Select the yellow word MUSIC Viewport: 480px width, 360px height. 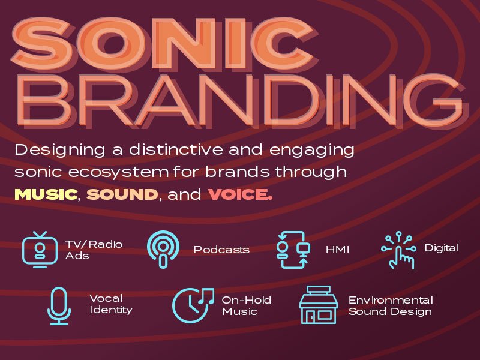pos(46,194)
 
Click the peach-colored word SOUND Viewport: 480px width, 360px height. pos(122,194)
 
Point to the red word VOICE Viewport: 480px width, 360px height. pos(240,194)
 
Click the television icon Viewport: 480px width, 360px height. pos(40,250)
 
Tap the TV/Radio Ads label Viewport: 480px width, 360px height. pos(94,250)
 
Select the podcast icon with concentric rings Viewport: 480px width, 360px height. pos(163,249)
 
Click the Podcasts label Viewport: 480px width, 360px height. pos(221,250)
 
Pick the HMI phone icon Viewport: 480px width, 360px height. pos(293,250)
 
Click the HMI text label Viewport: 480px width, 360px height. pos(337,250)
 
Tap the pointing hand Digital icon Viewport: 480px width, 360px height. pos(398,250)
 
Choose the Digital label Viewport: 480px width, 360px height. pos(442,248)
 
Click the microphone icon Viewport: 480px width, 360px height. pos(59,306)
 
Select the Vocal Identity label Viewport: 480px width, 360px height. pos(111,304)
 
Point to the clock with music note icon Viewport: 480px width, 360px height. pos(193,305)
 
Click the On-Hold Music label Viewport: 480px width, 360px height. pos(247,305)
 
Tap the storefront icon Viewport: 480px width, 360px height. pos(319,305)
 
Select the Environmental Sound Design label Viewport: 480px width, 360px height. pos(391,305)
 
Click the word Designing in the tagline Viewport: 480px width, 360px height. pos(60,151)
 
